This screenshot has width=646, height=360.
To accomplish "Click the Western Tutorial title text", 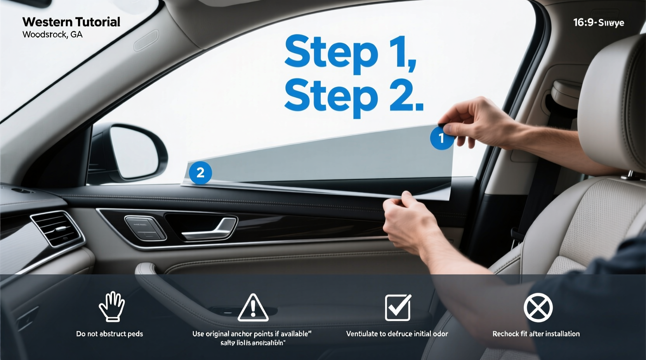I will click(x=71, y=22).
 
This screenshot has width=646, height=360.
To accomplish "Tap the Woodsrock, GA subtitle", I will click(x=52, y=35).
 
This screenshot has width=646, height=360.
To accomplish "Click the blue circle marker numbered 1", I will click(x=441, y=138).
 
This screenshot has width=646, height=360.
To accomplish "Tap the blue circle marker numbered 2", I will click(x=200, y=173).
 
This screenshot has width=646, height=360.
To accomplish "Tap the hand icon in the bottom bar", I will click(x=111, y=306).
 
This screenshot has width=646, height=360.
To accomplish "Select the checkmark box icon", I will click(x=398, y=307).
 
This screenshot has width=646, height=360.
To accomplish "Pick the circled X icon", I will click(x=538, y=308).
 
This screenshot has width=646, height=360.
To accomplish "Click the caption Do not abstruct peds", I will click(x=109, y=334).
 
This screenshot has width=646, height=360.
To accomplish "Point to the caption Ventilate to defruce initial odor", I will click(x=397, y=334).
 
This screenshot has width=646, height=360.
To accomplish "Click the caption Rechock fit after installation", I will click(x=536, y=334).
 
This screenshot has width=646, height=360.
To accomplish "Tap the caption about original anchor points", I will click(x=252, y=334).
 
